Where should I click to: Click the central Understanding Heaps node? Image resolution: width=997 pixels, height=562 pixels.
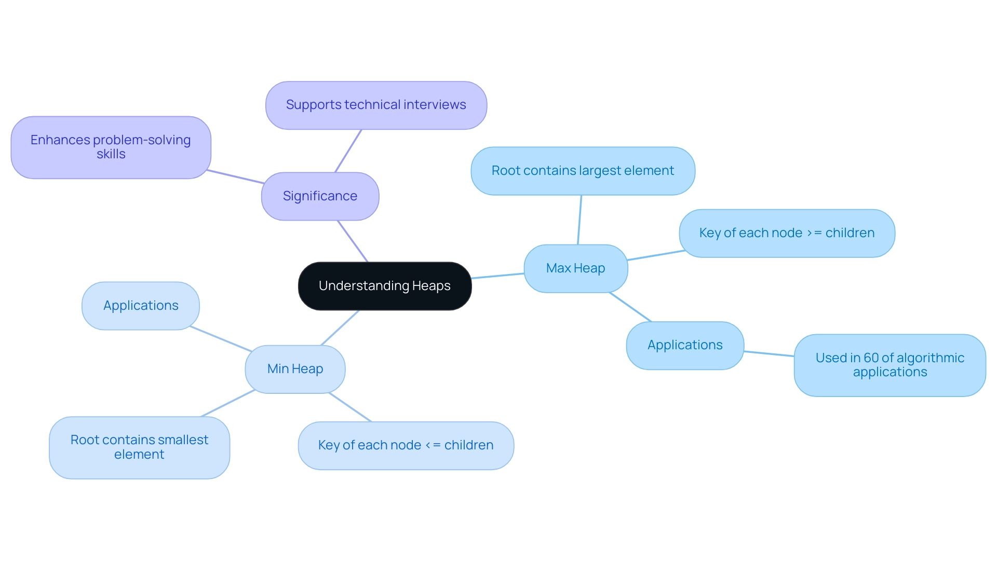click(x=385, y=286)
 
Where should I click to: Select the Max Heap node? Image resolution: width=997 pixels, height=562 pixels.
click(x=575, y=268)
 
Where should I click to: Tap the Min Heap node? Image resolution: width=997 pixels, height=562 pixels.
click(x=295, y=369)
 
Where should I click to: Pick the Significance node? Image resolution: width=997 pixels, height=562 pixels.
click(x=320, y=196)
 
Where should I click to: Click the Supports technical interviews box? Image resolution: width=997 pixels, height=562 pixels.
click(x=376, y=105)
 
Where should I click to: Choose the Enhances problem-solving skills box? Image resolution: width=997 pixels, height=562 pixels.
click(x=111, y=147)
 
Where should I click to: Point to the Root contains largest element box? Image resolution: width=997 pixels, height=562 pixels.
click(x=583, y=171)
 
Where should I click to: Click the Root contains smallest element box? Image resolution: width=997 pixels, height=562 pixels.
click(x=139, y=447)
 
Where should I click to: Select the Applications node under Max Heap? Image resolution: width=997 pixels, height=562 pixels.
click(x=685, y=345)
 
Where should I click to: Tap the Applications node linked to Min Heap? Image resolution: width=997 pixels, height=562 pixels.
click(x=141, y=306)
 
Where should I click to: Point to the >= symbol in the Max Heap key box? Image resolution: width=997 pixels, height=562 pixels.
click(x=814, y=233)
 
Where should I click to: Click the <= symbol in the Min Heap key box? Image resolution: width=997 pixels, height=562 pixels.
click(x=433, y=445)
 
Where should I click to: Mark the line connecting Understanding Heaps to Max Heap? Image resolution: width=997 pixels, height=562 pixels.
click(x=497, y=276)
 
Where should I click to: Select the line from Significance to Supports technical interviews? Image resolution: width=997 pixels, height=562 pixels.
click(x=348, y=151)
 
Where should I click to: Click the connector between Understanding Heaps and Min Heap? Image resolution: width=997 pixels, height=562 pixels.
click(x=340, y=327)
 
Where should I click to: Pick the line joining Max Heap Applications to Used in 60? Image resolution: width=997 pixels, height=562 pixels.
click(x=769, y=354)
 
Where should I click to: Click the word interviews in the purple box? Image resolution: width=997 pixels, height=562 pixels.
click(x=435, y=105)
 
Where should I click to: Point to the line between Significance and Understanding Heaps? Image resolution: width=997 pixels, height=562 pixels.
click(x=353, y=241)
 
